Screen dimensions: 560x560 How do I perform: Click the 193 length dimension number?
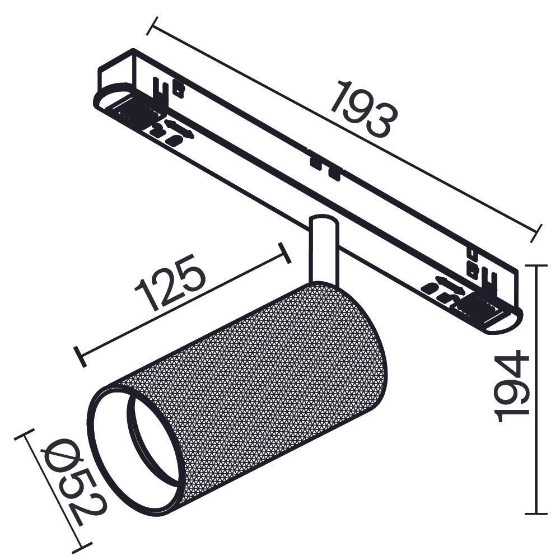(364, 110)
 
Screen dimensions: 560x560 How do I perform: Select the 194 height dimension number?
(512, 386)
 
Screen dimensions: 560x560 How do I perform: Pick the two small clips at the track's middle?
(325, 167)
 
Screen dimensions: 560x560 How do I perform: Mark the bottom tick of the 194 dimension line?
(536, 513)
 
